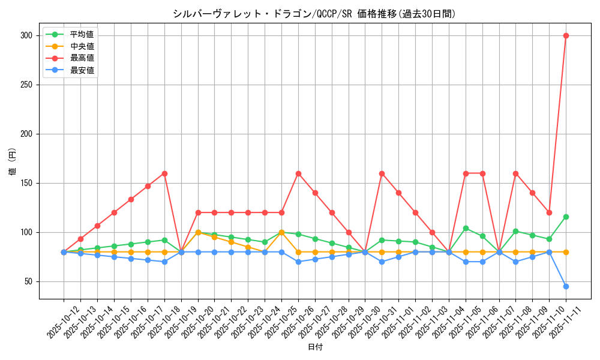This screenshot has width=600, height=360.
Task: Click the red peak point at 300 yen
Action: click(566, 35)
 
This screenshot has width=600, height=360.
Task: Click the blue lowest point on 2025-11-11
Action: click(566, 286)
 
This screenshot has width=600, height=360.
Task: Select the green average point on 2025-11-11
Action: click(566, 217)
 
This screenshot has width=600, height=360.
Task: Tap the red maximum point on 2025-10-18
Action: click(164, 173)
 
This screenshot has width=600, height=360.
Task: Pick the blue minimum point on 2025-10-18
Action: click(164, 262)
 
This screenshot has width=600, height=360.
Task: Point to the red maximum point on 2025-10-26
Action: click(298, 173)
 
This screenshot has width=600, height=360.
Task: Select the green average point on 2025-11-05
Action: click(466, 228)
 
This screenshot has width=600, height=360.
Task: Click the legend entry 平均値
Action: click(82, 34)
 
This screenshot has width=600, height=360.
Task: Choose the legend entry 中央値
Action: click(82, 46)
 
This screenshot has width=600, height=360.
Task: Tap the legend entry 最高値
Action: click(82, 58)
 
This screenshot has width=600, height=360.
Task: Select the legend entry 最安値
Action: click(82, 70)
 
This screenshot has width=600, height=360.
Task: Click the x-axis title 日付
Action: click(314, 347)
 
